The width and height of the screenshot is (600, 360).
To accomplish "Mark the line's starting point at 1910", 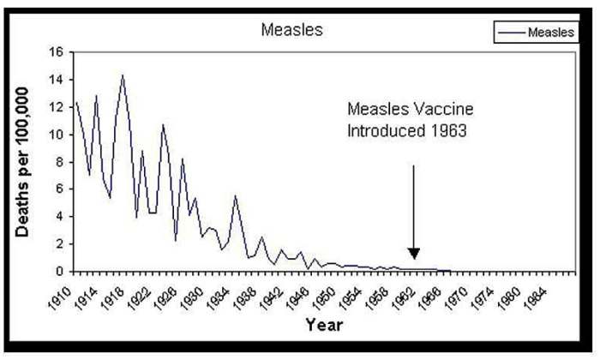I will tap(76, 102).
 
